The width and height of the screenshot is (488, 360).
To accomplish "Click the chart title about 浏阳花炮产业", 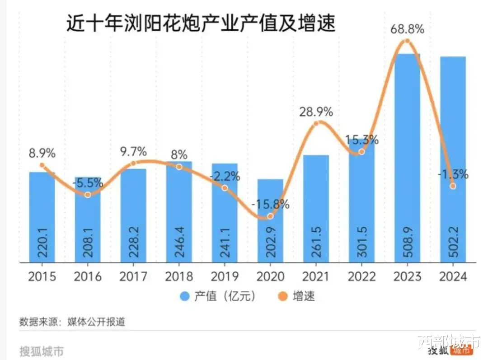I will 201,23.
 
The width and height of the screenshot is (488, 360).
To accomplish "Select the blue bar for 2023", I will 407,158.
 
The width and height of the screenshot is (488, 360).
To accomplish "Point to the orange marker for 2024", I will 453,186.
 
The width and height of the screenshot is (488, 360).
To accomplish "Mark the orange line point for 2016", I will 88,195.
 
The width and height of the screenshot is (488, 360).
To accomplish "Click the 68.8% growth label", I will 407,30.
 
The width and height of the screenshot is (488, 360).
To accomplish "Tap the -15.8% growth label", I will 270,204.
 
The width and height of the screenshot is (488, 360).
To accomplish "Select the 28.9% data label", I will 316,111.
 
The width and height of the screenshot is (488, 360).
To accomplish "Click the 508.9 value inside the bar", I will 407,243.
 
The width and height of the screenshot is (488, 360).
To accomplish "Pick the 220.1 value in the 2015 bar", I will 42,243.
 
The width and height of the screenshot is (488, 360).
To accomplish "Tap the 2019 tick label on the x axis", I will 225,276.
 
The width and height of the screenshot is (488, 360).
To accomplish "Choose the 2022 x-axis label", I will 361,276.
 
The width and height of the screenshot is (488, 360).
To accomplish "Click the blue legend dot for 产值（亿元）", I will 185,296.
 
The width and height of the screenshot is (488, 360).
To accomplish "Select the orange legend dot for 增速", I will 283,296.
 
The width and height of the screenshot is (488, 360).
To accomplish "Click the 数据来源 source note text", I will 72,322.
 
